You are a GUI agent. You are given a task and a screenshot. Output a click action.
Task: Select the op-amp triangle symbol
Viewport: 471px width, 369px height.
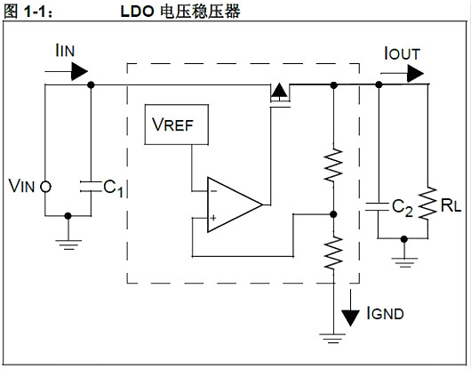(232, 205)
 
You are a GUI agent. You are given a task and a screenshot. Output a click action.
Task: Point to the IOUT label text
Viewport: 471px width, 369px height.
(402, 54)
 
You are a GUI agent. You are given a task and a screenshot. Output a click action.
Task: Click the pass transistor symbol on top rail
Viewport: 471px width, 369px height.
(278, 92)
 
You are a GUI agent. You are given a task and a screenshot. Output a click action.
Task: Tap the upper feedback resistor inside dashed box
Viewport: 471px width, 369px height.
(333, 164)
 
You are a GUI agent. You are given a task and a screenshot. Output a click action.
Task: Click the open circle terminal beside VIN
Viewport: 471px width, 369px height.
(44, 187)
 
